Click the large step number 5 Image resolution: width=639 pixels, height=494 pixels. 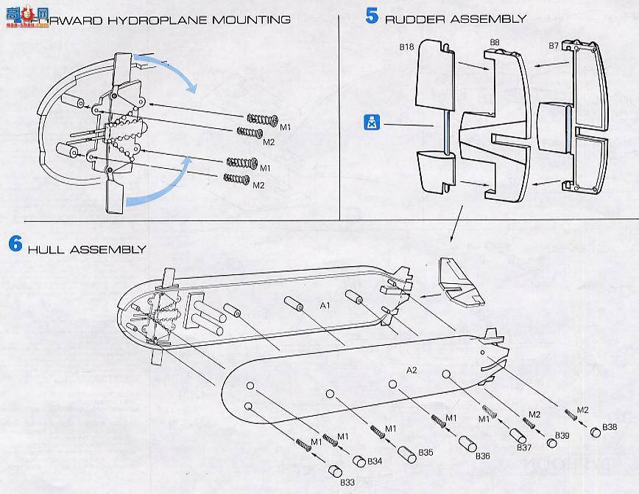372,15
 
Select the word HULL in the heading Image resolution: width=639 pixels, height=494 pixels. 46,250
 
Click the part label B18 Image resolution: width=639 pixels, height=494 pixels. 406,46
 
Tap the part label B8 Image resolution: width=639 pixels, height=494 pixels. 495,44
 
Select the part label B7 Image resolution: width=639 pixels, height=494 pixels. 554,46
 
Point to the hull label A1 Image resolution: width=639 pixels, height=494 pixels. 325,304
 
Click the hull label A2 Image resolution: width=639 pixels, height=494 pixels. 412,369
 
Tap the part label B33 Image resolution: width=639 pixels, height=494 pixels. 347,482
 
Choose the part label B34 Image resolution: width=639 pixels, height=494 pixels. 375,462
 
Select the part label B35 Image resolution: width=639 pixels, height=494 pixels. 426,452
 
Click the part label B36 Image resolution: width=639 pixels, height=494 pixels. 482,456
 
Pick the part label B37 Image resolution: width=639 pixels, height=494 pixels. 523,448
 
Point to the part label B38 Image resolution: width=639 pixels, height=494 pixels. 610,427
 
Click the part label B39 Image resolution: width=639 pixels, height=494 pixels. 562,436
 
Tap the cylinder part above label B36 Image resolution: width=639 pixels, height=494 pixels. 466,443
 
